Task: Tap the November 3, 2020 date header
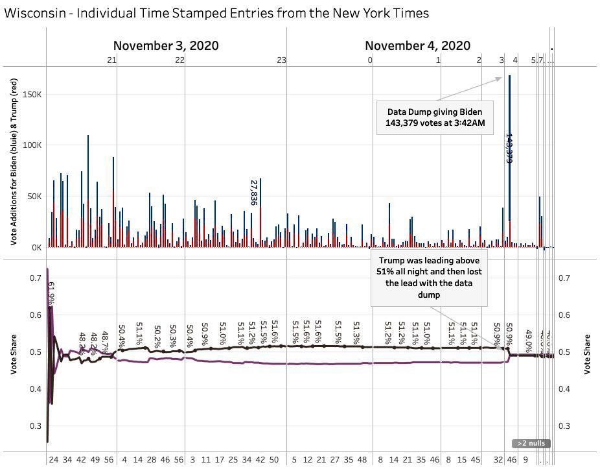point(166,45)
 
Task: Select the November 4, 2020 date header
point(417,45)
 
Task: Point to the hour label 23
point(281,60)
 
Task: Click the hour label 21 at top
point(111,60)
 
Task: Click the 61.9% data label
point(51,293)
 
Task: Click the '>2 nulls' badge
point(531,444)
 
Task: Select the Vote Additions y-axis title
point(14,162)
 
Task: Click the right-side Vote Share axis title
point(588,354)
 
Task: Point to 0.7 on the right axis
point(565,278)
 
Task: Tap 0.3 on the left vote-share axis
point(36,426)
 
